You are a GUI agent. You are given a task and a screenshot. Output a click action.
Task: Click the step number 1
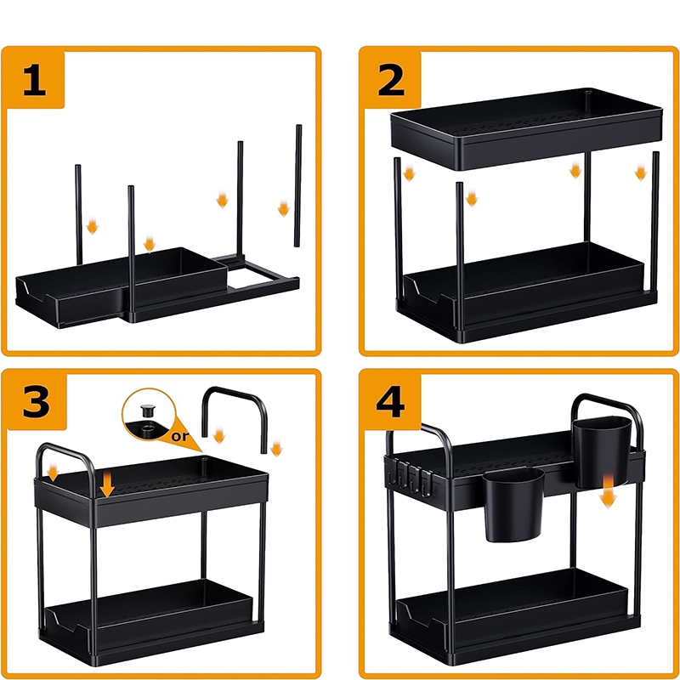tap(35, 80)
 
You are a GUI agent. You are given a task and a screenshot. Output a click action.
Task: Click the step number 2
tap(391, 80)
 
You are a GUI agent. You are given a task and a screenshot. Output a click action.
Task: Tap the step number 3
tap(36, 402)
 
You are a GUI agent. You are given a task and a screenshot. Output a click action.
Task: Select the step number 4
tap(390, 402)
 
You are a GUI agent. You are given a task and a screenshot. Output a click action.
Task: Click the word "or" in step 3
tap(180, 435)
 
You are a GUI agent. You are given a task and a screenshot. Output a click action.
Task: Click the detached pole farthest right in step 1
tap(298, 185)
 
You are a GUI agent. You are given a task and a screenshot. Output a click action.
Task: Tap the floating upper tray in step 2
tap(526, 129)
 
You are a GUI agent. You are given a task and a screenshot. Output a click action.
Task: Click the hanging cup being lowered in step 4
tap(602, 451)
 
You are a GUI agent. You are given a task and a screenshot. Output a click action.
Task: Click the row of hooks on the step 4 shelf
tap(410, 477)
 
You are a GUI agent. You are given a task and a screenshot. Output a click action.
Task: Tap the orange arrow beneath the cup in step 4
tap(609, 491)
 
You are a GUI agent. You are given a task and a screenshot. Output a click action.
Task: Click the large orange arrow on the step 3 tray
tap(107, 484)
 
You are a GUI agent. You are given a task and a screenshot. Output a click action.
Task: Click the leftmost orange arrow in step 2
tap(409, 173)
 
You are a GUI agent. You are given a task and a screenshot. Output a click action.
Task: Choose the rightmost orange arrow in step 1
tap(284, 208)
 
